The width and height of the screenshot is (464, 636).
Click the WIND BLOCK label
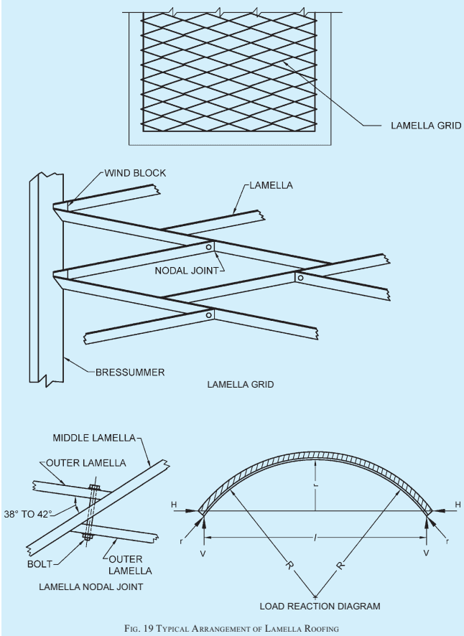(135, 173)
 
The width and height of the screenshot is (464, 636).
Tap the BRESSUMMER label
(130, 373)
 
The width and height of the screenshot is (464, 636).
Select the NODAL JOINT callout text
(186, 271)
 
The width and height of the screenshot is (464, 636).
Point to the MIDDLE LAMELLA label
(94, 438)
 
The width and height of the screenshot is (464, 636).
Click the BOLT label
(40, 564)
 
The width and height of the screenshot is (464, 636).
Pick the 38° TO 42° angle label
(28, 514)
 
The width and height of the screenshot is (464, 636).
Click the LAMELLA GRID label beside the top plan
(426, 126)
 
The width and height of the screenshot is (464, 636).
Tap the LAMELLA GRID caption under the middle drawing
(241, 385)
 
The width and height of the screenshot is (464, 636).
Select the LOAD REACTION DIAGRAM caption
(320, 607)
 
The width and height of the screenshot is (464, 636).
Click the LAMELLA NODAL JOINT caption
(91, 587)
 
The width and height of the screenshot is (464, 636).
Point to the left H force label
(174, 505)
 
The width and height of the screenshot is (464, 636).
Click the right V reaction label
(426, 553)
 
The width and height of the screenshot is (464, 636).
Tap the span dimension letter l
(315, 538)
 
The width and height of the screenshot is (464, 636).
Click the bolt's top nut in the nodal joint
(94, 487)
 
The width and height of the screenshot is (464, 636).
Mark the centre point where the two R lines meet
(315, 597)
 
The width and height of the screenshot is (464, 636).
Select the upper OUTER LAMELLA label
(86, 463)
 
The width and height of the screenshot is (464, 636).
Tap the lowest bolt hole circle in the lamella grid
(209, 314)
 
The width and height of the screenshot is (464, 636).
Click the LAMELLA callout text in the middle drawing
(272, 185)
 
